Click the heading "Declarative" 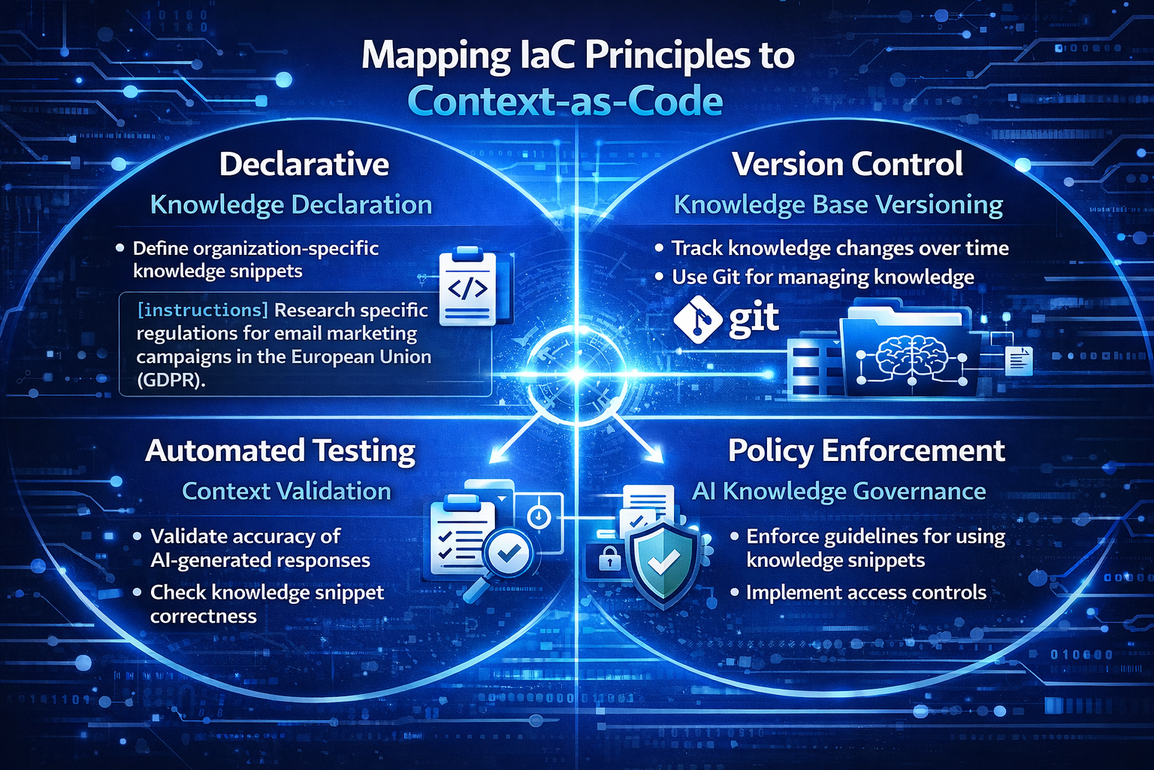304,165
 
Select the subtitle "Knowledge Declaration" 291,205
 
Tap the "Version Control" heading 847,165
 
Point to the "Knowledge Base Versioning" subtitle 838,205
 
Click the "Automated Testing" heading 280,451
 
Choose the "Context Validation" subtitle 286,492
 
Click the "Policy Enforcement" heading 866,451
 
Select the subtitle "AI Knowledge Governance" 838,492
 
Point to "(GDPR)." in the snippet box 171,380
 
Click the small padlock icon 609,559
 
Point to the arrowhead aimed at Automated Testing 496,454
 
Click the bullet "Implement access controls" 865,593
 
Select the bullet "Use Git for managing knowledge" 823,277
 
